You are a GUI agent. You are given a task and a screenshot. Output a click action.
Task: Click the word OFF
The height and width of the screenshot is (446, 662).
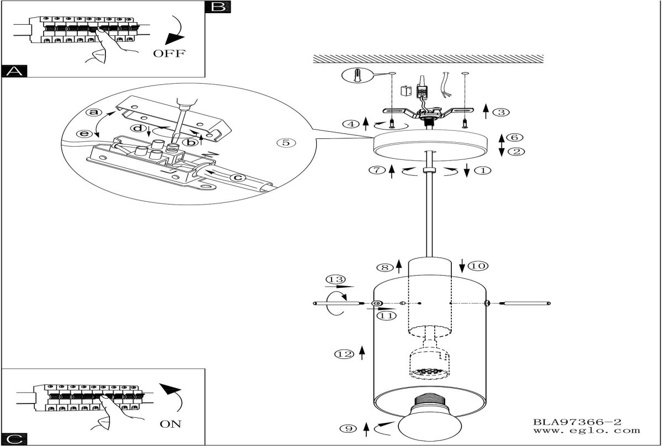coord(169,53)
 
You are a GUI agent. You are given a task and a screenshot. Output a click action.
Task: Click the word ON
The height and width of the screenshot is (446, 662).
coord(170,424)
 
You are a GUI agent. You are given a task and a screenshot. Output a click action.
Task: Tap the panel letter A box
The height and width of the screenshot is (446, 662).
coord(14,71)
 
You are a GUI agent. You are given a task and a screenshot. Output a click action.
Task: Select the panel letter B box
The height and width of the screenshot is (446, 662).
coord(218,7)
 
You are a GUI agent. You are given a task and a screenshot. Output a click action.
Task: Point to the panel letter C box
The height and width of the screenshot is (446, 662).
coord(14,439)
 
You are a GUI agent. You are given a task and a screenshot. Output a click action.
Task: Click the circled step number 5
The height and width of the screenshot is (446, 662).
coord(286,143)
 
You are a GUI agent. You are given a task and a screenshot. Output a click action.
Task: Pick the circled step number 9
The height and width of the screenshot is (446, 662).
coord(349,428)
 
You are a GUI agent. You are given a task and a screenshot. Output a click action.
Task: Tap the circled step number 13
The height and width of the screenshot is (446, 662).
coord(336,279)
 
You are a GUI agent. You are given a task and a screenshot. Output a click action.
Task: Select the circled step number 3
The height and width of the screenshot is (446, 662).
coord(501,112)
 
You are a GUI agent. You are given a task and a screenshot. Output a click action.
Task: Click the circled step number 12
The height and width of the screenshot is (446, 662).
coord(344,354)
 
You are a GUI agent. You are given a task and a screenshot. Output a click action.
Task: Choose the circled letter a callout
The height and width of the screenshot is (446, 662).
coord(94,112)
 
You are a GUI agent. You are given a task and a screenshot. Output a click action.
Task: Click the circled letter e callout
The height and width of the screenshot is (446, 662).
coord(84,134)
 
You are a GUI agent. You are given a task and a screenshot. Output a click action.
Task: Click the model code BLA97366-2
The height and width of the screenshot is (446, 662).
coord(577,422)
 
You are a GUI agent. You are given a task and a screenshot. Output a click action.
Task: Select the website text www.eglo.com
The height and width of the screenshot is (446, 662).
coord(586,431)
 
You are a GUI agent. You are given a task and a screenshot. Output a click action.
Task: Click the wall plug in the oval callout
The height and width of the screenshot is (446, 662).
coord(357,76)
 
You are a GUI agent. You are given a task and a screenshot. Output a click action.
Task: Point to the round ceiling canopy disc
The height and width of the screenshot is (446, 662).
coord(430,146)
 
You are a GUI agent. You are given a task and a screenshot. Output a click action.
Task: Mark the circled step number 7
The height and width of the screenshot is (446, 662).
coord(377,170)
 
